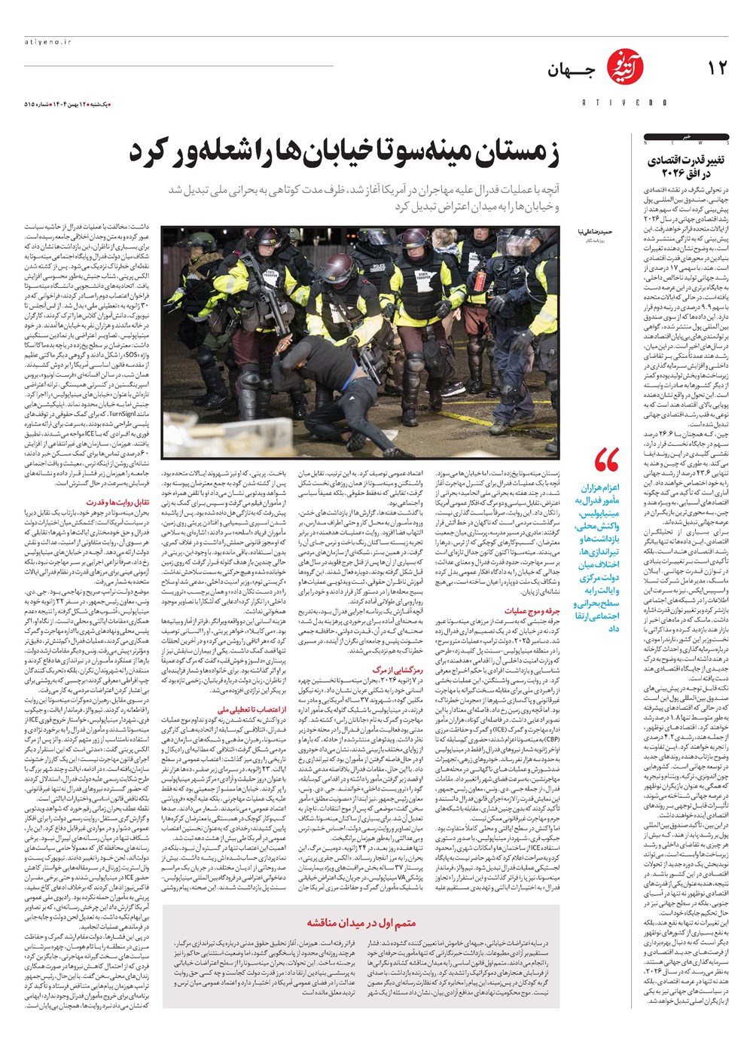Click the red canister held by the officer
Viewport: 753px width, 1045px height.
(479, 283)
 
